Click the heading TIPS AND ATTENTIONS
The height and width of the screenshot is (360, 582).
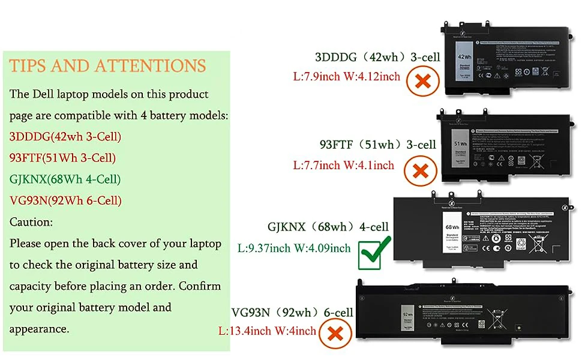click(x=108, y=65)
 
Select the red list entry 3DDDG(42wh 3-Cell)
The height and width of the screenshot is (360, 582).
click(x=65, y=137)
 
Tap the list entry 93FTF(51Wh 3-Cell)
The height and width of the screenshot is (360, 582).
click(x=62, y=158)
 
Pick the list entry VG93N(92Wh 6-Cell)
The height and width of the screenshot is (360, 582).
click(x=65, y=200)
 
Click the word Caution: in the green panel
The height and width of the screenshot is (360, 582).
click(x=31, y=221)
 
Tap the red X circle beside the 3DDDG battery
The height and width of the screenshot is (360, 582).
click(x=423, y=81)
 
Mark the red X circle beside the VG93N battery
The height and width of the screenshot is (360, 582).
click(x=336, y=334)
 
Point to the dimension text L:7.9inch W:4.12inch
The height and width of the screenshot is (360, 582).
click(x=346, y=76)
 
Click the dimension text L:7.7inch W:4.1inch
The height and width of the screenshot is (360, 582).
click(x=343, y=164)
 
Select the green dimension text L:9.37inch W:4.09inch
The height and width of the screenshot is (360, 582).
click(x=294, y=248)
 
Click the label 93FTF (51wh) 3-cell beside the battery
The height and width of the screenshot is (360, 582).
click(x=377, y=145)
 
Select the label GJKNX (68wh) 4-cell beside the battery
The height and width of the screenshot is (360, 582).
click(x=328, y=227)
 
